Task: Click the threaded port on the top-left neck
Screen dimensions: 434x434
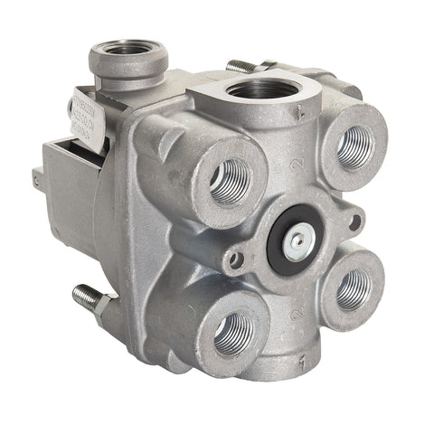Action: coord(128,50)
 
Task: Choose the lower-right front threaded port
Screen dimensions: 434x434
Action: coord(353,288)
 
